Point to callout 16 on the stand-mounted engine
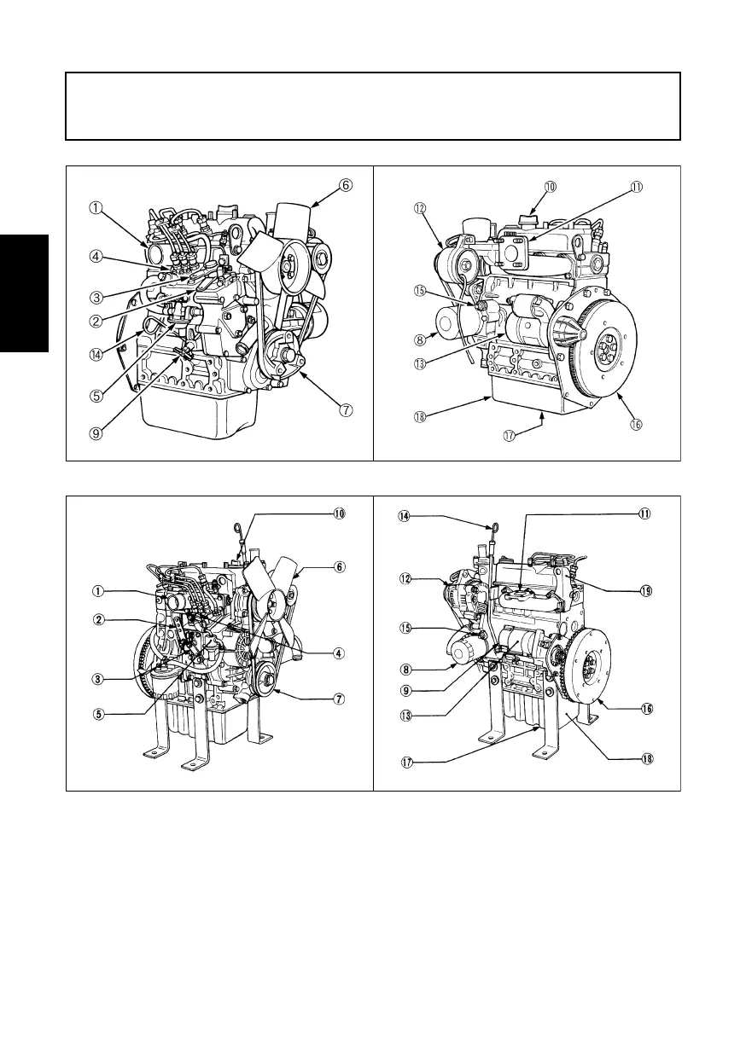click(647, 708)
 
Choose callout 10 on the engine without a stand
click(550, 185)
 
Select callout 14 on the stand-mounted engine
click(404, 515)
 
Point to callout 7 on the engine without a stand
click(346, 409)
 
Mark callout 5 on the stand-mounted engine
click(99, 715)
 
